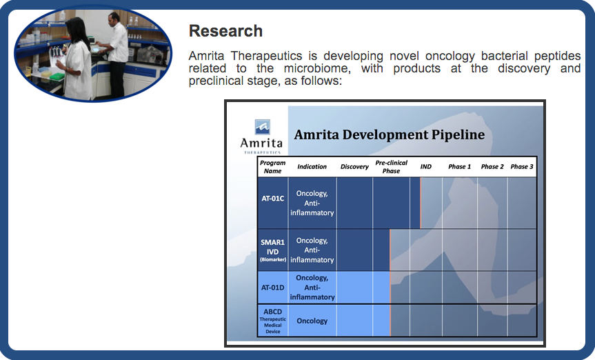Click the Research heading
pos(225,31)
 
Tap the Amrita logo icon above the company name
pos(262,127)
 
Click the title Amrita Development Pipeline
pos(390,134)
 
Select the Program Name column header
pos(272,167)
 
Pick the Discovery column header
pos(354,167)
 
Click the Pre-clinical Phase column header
pos(391,167)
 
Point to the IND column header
pos(426,167)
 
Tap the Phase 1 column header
pos(460,167)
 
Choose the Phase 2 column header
pos(492,167)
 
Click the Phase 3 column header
pos(522,167)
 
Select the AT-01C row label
pos(272,198)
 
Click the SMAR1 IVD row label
pos(272,250)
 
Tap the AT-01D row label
pos(272,288)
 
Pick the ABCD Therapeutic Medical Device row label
pos(272,321)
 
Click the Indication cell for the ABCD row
pos(312,321)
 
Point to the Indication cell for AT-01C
pos(312,203)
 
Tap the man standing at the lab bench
pos(115,54)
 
